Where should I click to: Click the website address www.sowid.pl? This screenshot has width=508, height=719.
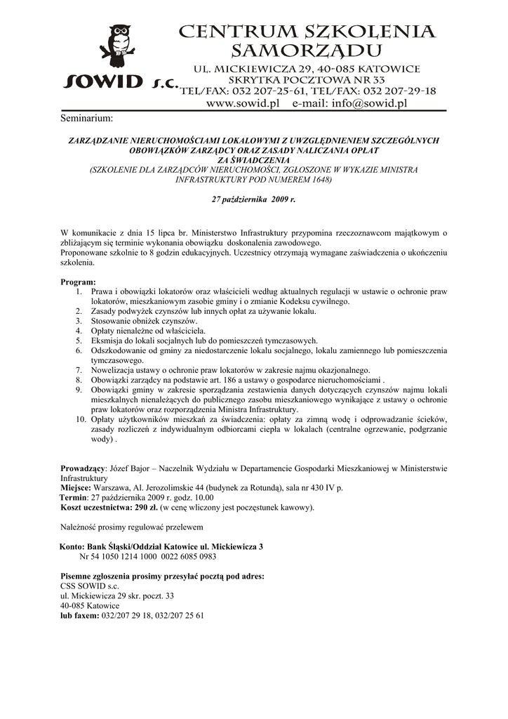pos(241,104)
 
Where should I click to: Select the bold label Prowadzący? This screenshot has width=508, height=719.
pos(83,468)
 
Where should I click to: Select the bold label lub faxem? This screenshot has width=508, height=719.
pos(80,615)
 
